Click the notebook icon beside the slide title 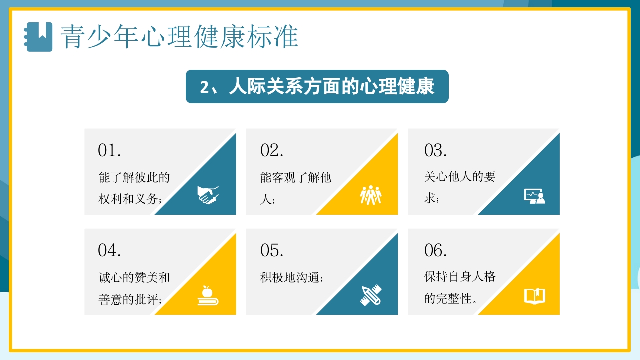click(39, 37)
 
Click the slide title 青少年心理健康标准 click(179, 37)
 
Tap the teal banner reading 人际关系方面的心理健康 click(317, 87)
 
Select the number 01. click(109, 150)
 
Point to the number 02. click(272, 150)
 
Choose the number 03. click(435, 150)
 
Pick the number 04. click(109, 250)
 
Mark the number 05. click(272, 250)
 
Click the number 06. click(435, 250)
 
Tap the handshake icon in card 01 click(208, 195)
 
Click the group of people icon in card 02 click(371, 195)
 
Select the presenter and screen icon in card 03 click(534, 196)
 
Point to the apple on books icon click(208, 295)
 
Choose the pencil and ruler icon click(371, 295)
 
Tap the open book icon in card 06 click(534, 296)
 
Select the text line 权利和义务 click(130, 199)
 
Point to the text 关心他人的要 click(459, 177)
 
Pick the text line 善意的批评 click(130, 300)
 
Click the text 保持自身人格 click(459, 277)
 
